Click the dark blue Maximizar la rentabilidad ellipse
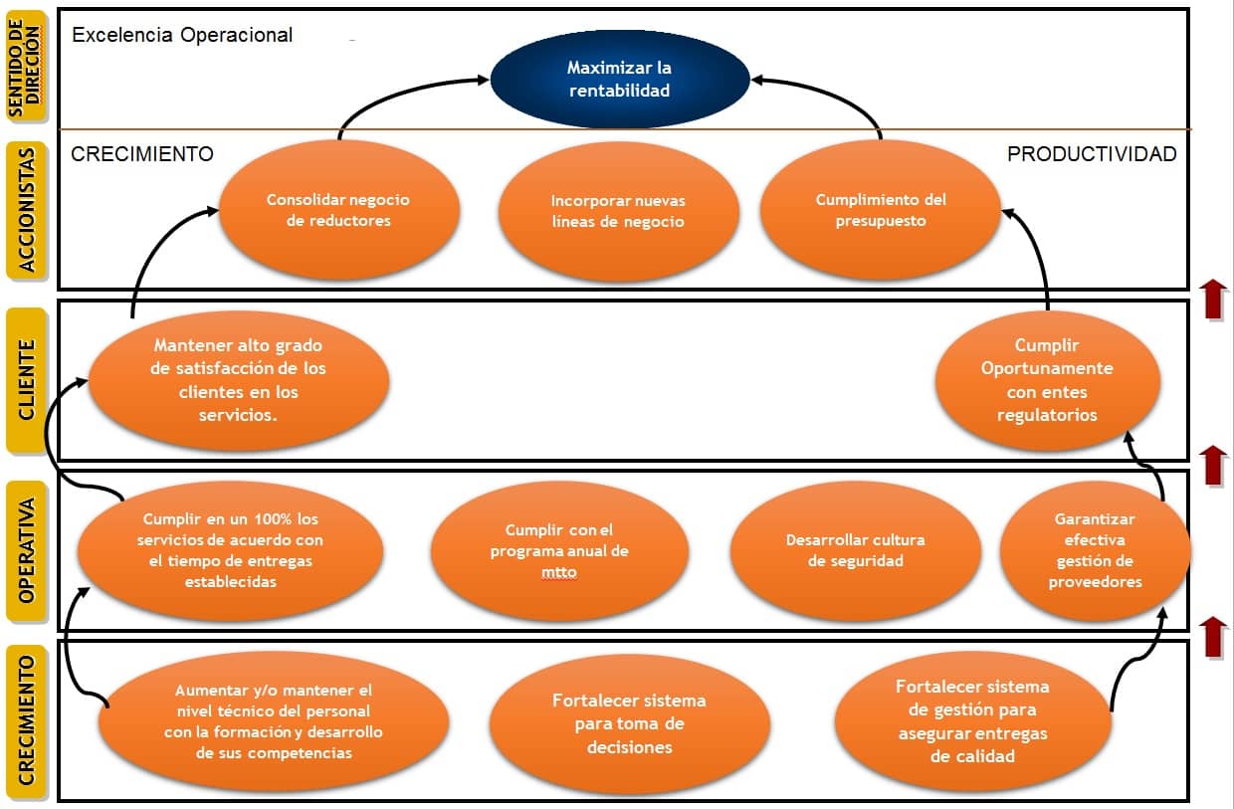click(x=619, y=80)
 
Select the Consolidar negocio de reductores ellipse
click(x=338, y=210)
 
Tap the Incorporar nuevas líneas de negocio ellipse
click(x=618, y=211)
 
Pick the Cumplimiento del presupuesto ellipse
click(x=881, y=210)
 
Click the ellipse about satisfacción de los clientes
click(x=239, y=379)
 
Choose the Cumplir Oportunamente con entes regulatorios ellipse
click(x=1047, y=379)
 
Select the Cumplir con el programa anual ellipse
click(x=559, y=550)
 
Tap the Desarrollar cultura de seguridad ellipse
click(x=856, y=550)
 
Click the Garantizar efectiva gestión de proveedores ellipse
click(x=1095, y=550)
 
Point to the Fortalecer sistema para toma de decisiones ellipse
click(x=629, y=723)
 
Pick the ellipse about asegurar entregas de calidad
click(x=972, y=720)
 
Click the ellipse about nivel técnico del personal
click(x=274, y=720)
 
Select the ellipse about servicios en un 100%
click(x=231, y=550)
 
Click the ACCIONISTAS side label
click(x=30, y=210)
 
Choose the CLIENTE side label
click(x=30, y=379)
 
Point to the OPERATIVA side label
click(x=30, y=550)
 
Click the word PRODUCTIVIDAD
click(x=1092, y=154)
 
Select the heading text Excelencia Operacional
click(x=183, y=35)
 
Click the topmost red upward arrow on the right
click(x=1212, y=299)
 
